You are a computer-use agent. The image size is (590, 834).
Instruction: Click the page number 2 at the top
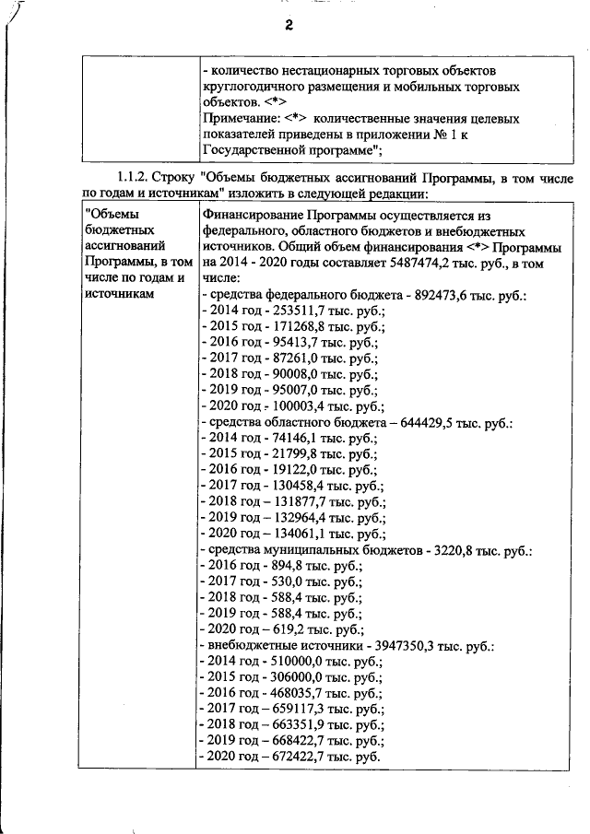tap(288, 27)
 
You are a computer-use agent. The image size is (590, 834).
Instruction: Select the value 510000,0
tap(296, 662)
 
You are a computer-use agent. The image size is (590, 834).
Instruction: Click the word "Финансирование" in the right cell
tap(248, 215)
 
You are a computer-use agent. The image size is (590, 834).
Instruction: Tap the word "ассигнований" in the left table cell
tap(124, 246)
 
